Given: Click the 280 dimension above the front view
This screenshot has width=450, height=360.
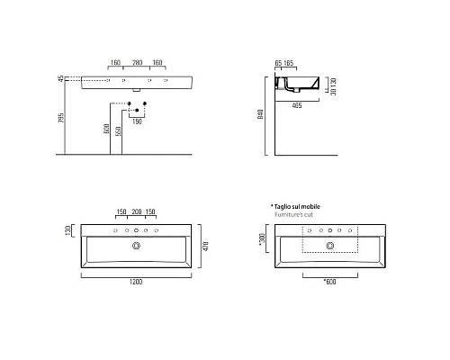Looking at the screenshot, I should coord(138,64).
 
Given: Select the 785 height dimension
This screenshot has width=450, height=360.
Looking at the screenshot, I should coord(60,120).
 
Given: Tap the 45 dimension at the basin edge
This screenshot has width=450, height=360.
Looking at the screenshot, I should coord(60,79).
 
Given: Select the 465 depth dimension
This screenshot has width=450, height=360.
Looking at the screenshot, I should coord(296,104).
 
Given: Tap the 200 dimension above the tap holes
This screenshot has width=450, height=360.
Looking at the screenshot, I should coord(138,213).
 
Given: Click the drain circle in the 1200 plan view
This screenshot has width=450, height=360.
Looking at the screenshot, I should coord(137,246).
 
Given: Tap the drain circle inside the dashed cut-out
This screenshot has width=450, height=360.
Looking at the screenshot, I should coord(330,246).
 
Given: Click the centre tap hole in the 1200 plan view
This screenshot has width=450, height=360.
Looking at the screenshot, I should coord(137,230).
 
